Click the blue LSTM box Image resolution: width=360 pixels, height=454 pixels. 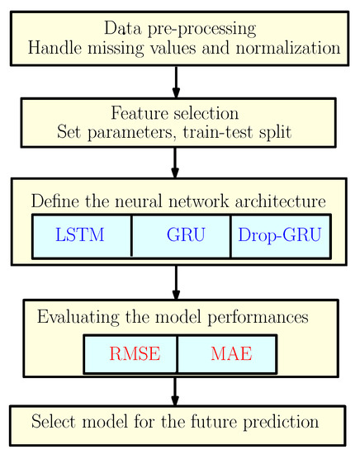point(81,235)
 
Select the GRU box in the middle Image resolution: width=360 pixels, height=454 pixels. point(181,235)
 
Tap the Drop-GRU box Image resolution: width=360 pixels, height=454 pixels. point(280,235)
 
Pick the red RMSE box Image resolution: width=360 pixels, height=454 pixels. point(130,355)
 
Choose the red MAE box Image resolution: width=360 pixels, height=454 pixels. point(227,355)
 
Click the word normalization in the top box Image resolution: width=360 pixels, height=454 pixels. point(285,47)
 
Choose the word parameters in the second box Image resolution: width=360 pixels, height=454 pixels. point(127,131)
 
